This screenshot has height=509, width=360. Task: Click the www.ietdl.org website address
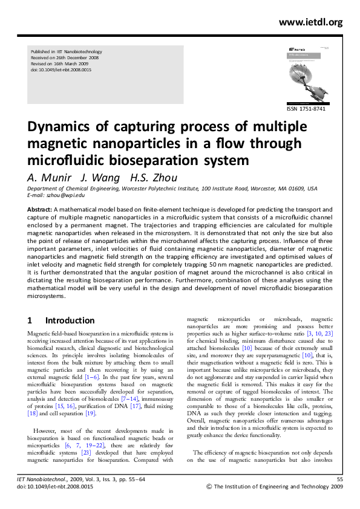pyautogui.click(x=311, y=22)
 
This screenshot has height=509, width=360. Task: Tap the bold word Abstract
pyautogui.click(x=40, y=209)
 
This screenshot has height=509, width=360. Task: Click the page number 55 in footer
pyautogui.click(x=339, y=479)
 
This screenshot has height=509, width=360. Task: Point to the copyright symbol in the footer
pyautogui.click(x=209, y=487)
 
